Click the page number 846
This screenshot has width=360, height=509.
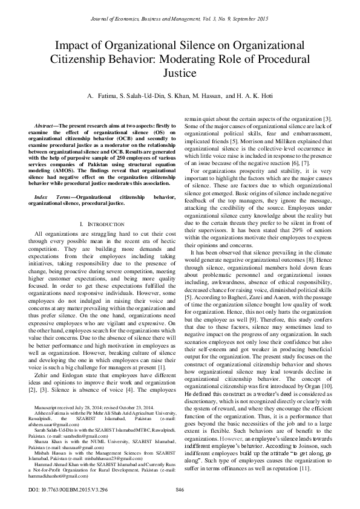180,488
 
